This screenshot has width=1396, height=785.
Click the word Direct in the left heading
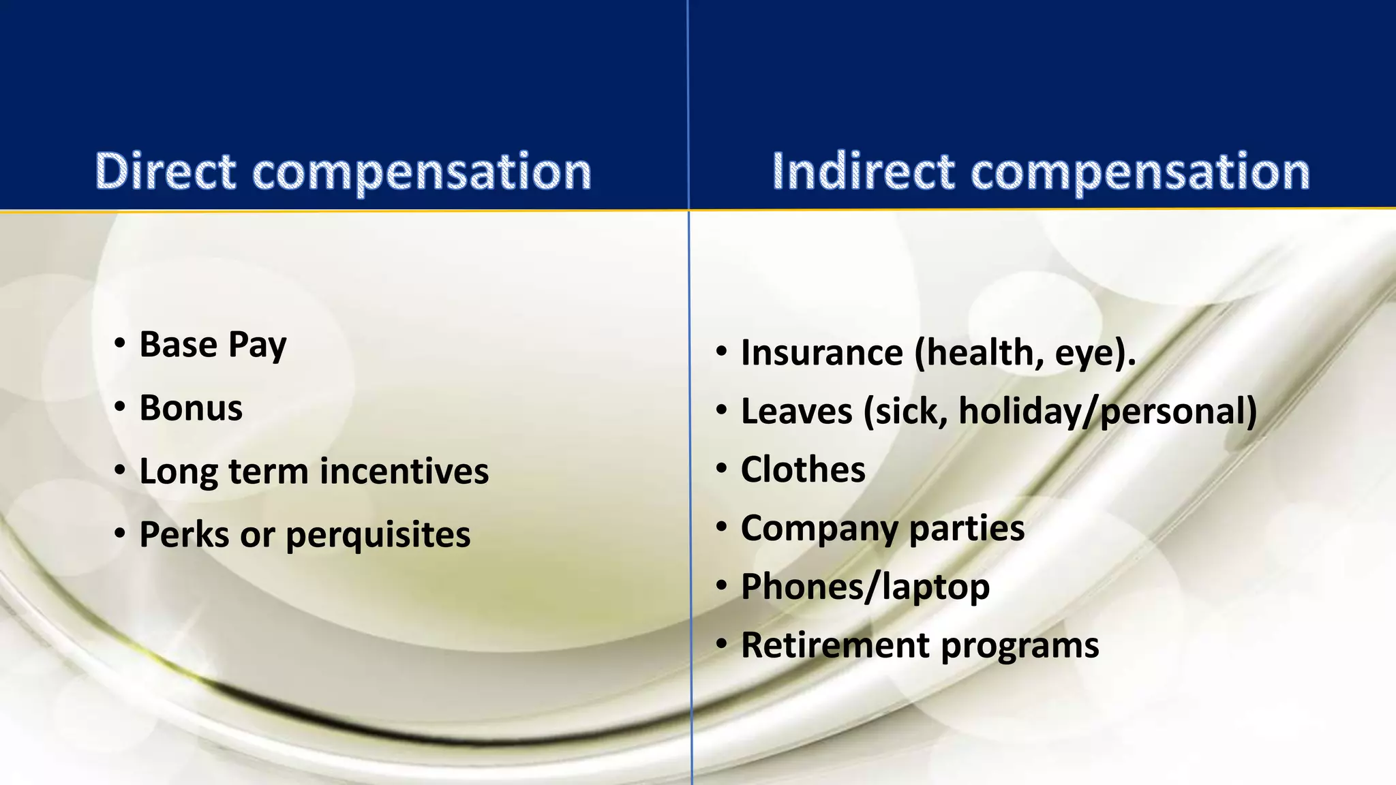166,171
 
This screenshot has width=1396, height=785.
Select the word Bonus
191,408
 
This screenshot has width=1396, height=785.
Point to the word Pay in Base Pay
257,345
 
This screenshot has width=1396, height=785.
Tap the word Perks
184,534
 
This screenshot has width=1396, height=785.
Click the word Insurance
821,353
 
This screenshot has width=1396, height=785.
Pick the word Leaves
796,412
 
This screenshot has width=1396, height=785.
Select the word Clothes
803,470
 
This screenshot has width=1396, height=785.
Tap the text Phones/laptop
865,587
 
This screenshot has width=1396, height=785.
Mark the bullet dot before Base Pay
120,343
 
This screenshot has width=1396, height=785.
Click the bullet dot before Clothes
722,469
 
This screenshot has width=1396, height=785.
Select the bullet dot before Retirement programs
722,645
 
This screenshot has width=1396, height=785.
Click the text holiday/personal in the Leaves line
1107,412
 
